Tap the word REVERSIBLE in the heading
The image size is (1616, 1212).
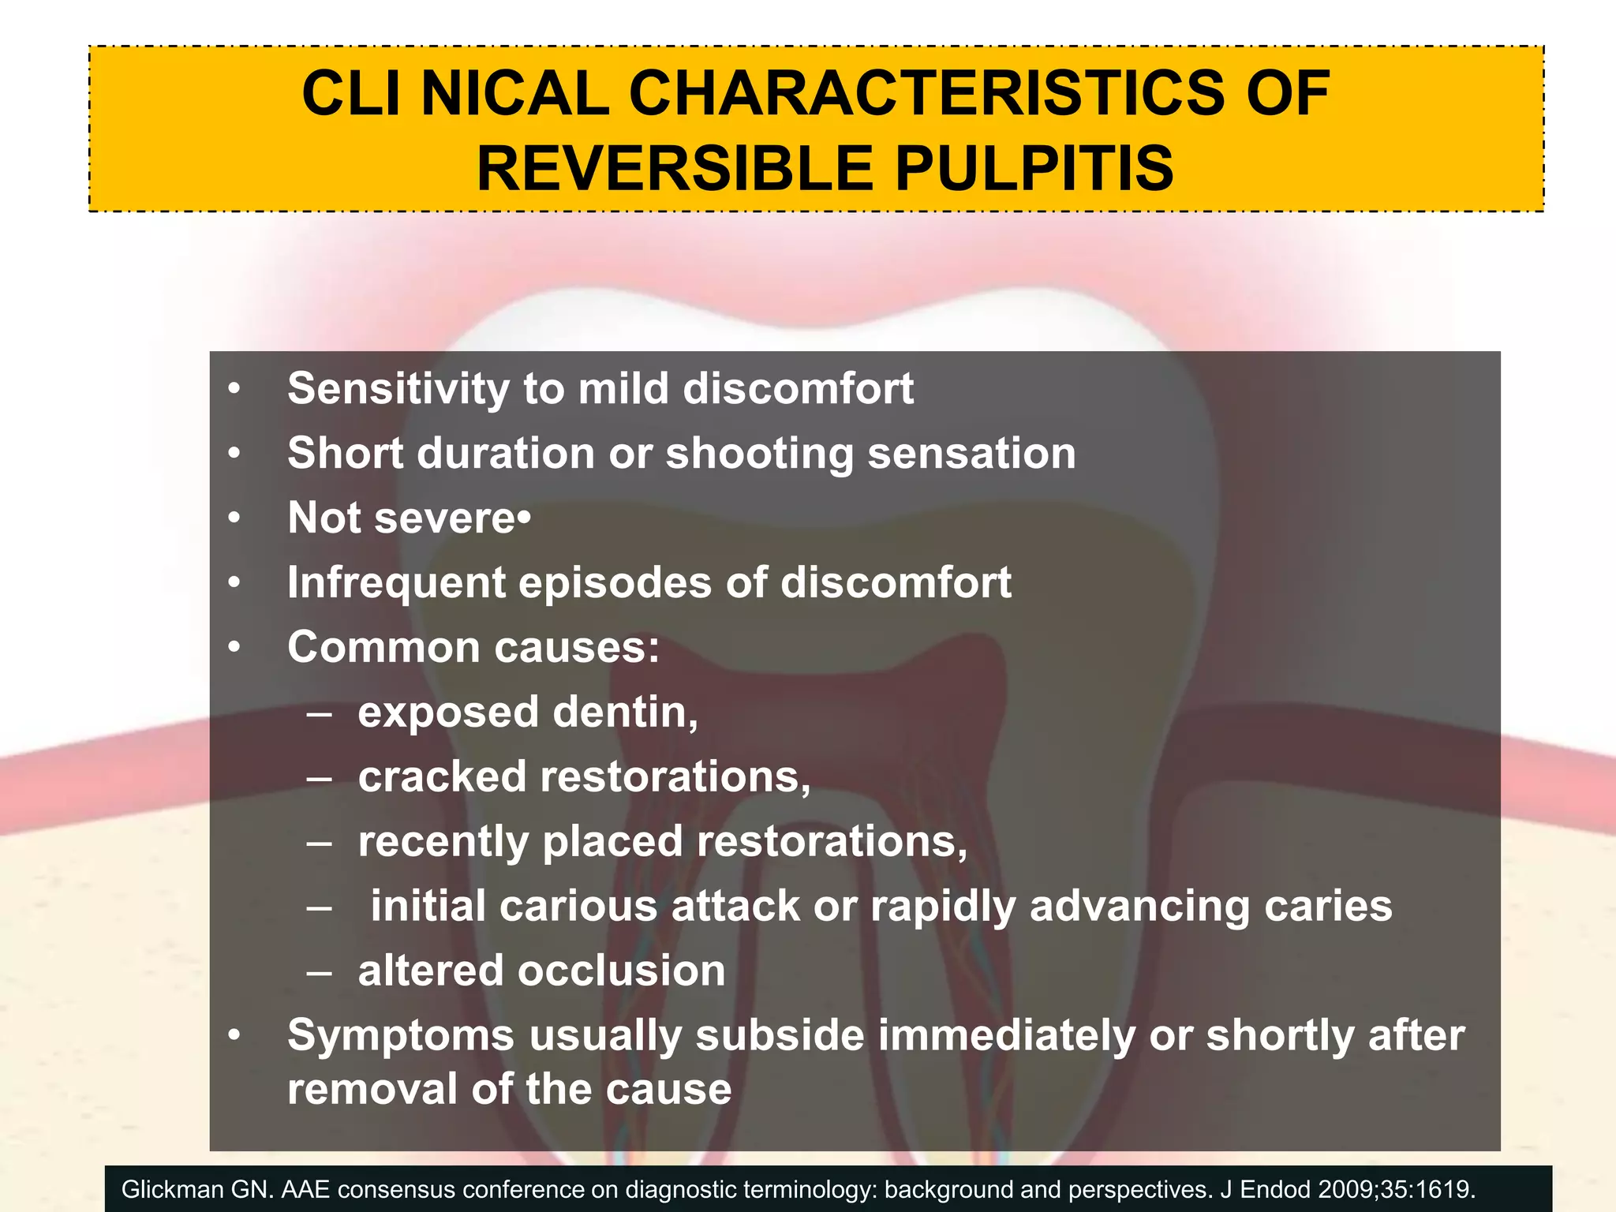674,169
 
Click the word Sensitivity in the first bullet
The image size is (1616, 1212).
398,389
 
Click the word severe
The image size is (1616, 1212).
445,518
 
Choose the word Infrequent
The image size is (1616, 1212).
396,583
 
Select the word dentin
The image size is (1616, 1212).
624,713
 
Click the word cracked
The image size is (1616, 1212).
442,776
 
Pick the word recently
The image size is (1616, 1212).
443,842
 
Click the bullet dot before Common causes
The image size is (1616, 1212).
234,648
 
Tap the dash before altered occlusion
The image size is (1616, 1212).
319,971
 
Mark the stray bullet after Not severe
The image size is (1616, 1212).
525,519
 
